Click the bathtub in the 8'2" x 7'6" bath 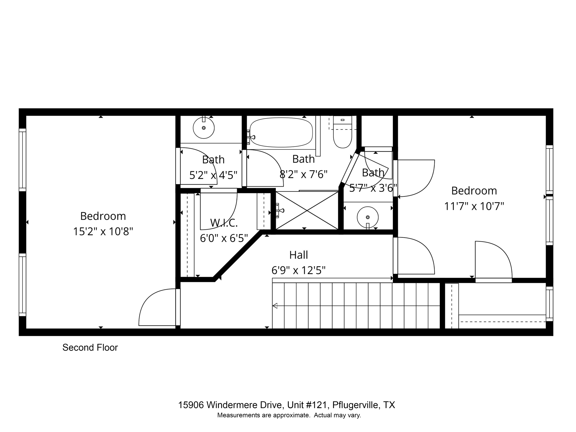(281, 132)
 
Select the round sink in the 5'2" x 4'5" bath (204, 128)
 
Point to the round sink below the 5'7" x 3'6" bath (368, 217)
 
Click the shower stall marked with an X (307, 210)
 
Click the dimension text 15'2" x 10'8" (103, 232)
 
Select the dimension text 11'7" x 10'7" (474, 206)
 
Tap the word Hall (298, 255)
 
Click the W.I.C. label (224, 223)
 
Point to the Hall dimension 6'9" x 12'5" (298, 271)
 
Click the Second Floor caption (90, 348)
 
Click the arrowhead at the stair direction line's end (275, 306)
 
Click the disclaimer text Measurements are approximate (263, 415)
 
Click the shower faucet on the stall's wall (280, 211)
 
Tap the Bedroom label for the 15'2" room (103, 216)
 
